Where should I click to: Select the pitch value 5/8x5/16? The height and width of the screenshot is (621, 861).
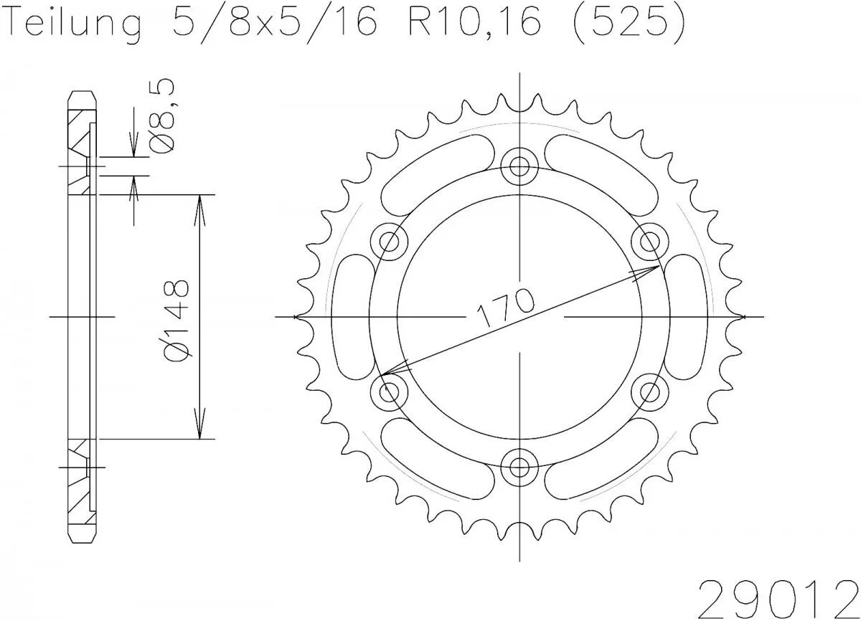pyautogui.click(x=273, y=25)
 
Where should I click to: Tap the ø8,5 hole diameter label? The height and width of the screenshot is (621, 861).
pyautogui.click(x=162, y=116)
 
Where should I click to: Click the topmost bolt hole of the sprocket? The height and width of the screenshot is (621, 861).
pyautogui.click(x=518, y=166)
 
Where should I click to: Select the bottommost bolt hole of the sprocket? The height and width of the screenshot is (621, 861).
pyautogui.click(x=518, y=468)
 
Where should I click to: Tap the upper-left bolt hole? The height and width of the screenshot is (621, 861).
pyautogui.click(x=390, y=240)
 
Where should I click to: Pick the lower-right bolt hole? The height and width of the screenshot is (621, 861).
pyautogui.click(x=649, y=392)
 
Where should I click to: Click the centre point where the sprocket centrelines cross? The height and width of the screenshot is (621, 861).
pyautogui.click(x=518, y=316)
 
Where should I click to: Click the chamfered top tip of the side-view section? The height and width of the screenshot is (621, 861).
pyautogui.click(x=81, y=95)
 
